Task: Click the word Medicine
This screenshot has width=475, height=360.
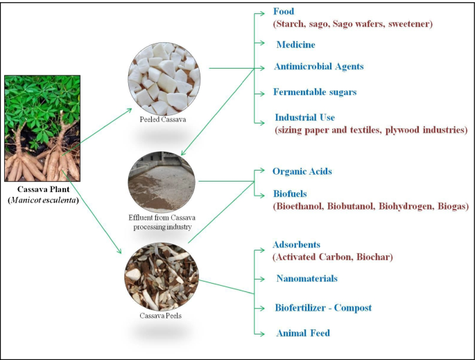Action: coord(295,44)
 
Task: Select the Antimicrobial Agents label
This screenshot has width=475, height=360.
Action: coord(319,67)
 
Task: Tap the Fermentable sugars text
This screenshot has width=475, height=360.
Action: coord(315,92)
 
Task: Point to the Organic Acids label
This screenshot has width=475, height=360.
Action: coord(302,171)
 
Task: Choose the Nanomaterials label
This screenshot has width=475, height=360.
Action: coord(306,278)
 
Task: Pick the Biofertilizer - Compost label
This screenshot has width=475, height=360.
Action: coord(322,307)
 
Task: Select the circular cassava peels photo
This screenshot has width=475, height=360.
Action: coord(162,277)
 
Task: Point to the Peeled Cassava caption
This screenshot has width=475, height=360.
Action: coord(162,119)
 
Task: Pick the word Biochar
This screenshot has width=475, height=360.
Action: coord(374,257)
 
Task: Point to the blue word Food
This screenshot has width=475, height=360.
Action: coord(284,12)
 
